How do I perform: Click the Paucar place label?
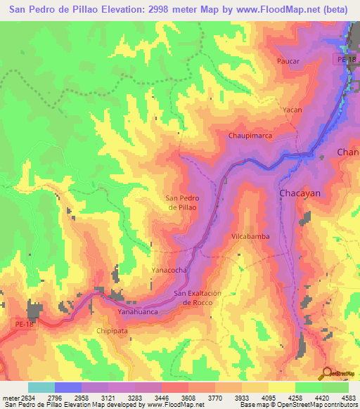tap(288, 61)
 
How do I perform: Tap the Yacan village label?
tap(292, 110)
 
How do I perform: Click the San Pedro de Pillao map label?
tap(182, 202)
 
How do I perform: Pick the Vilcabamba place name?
tap(250, 237)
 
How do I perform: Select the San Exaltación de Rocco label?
tap(198, 297)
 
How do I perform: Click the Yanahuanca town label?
tap(137, 311)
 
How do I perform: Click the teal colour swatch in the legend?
tap(41, 387)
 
